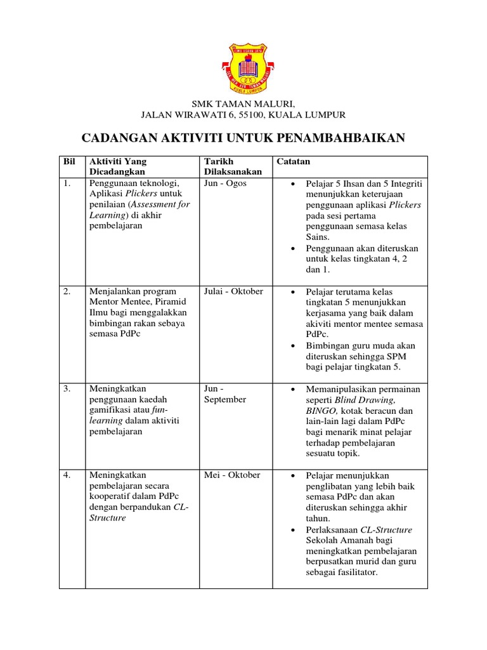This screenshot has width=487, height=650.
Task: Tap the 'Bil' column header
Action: tap(69, 161)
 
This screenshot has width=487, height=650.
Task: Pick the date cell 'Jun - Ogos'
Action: tap(225, 183)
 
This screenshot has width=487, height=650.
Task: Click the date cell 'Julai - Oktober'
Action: tap(233, 291)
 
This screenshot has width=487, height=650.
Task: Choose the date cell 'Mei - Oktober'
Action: tap(232, 475)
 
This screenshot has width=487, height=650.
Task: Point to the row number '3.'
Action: tap(67, 388)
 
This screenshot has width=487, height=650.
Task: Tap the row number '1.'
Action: tap(67, 183)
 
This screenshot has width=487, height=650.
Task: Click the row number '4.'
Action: tap(67, 475)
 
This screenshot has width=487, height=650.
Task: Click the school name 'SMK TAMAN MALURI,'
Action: tap(243, 104)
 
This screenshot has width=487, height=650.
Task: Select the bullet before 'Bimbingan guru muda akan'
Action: tap(292, 346)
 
